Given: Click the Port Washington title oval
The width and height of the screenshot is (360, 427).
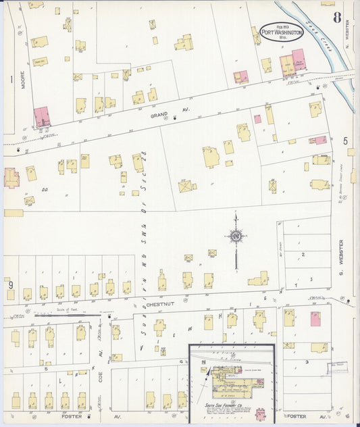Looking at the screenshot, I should [x=282, y=32].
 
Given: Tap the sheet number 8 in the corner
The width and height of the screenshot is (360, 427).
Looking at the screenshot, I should [x=337, y=17].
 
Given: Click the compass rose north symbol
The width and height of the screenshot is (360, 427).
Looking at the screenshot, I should [x=236, y=236].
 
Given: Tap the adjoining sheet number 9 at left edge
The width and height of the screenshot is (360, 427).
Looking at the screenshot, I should [x=11, y=285].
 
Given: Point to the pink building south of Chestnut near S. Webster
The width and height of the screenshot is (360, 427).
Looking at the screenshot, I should [x=315, y=319].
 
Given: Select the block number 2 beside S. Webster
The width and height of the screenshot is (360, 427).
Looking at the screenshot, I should [x=303, y=254].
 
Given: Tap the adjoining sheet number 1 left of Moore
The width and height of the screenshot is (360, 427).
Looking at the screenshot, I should [x=11, y=79].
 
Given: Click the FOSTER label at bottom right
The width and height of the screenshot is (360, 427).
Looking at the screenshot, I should [x=297, y=417].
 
